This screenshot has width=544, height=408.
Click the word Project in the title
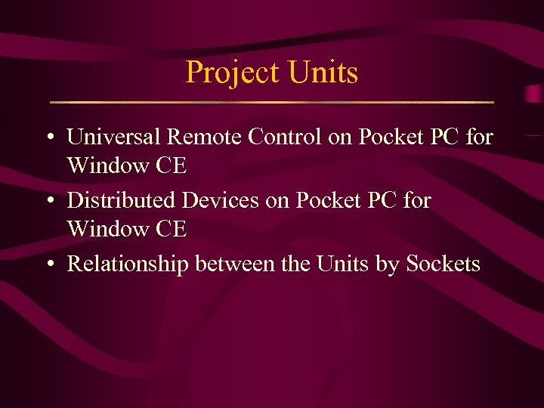coord(232,73)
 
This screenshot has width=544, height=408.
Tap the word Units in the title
coord(323,73)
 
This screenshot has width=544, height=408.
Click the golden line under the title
coord(271,102)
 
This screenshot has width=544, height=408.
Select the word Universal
coord(113,137)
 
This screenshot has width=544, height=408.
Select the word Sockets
coord(443,263)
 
